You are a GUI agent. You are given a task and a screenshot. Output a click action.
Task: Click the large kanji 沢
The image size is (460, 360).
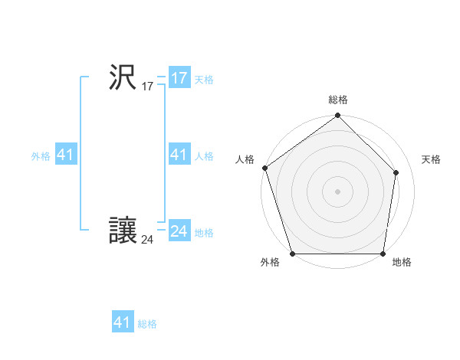pyautogui.click(x=123, y=77)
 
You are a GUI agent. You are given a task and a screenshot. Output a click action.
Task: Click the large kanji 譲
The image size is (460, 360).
pyautogui.click(x=123, y=231)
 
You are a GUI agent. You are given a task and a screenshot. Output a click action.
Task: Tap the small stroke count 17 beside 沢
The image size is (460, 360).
pyautogui.click(x=147, y=87)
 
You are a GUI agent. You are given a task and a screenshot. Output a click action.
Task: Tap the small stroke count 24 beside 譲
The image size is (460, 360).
pyautogui.click(x=147, y=241)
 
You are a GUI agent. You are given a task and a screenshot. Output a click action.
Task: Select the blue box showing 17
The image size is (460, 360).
pyautogui.click(x=179, y=78)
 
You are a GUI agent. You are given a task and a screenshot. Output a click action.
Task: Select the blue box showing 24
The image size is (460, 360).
pyautogui.click(x=179, y=231)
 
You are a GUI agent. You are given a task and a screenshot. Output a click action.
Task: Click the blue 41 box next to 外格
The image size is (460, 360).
pyautogui.click(x=65, y=155)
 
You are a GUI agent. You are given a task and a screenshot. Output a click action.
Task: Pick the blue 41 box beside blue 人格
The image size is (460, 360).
pyautogui.click(x=179, y=155)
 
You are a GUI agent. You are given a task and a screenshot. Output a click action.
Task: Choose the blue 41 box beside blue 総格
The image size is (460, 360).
pyautogui.click(x=123, y=322)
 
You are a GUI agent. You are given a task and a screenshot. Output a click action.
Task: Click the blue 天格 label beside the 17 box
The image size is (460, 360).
pyautogui.click(x=204, y=80)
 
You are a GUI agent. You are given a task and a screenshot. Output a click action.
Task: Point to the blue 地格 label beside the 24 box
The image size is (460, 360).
pyautogui.click(x=204, y=233)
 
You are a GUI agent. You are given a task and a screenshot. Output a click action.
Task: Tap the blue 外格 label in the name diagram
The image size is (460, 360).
pyautogui.click(x=41, y=156)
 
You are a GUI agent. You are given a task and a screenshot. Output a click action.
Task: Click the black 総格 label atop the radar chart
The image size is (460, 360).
pyautogui.click(x=337, y=100)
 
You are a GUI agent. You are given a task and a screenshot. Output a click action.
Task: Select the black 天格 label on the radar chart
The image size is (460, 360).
pyautogui.click(x=431, y=159)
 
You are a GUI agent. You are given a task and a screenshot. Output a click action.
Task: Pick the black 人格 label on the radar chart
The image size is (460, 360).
pyautogui.click(x=245, y=159)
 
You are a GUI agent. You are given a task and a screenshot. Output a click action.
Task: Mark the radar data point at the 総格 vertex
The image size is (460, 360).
pyautogui.click(x=337, y=116)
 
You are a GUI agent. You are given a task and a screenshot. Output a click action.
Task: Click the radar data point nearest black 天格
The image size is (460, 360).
pyautogui.click(x=396, y=172)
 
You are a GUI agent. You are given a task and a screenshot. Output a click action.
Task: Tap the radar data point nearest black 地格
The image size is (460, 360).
pyautogui.click(x=383, y=254)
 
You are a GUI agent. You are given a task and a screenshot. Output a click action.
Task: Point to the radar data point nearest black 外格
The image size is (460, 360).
pyautogui.click(x=292, y=254)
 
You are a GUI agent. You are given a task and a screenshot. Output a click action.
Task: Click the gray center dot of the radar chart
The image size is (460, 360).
pyautogui.click(x=337, y=191)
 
